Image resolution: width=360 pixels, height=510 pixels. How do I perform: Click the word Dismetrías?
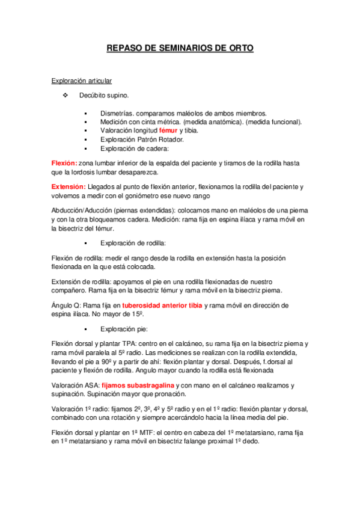pyautogui.click(x=117, y=113)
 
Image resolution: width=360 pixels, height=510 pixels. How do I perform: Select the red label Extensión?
pyautogui.click(x=69, y=186)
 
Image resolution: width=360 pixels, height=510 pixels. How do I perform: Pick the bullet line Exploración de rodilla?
pyautogui.click(x=133, y=243)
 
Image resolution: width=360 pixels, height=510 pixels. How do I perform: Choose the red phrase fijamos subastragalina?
pyautogui.click(x=138, y=386)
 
